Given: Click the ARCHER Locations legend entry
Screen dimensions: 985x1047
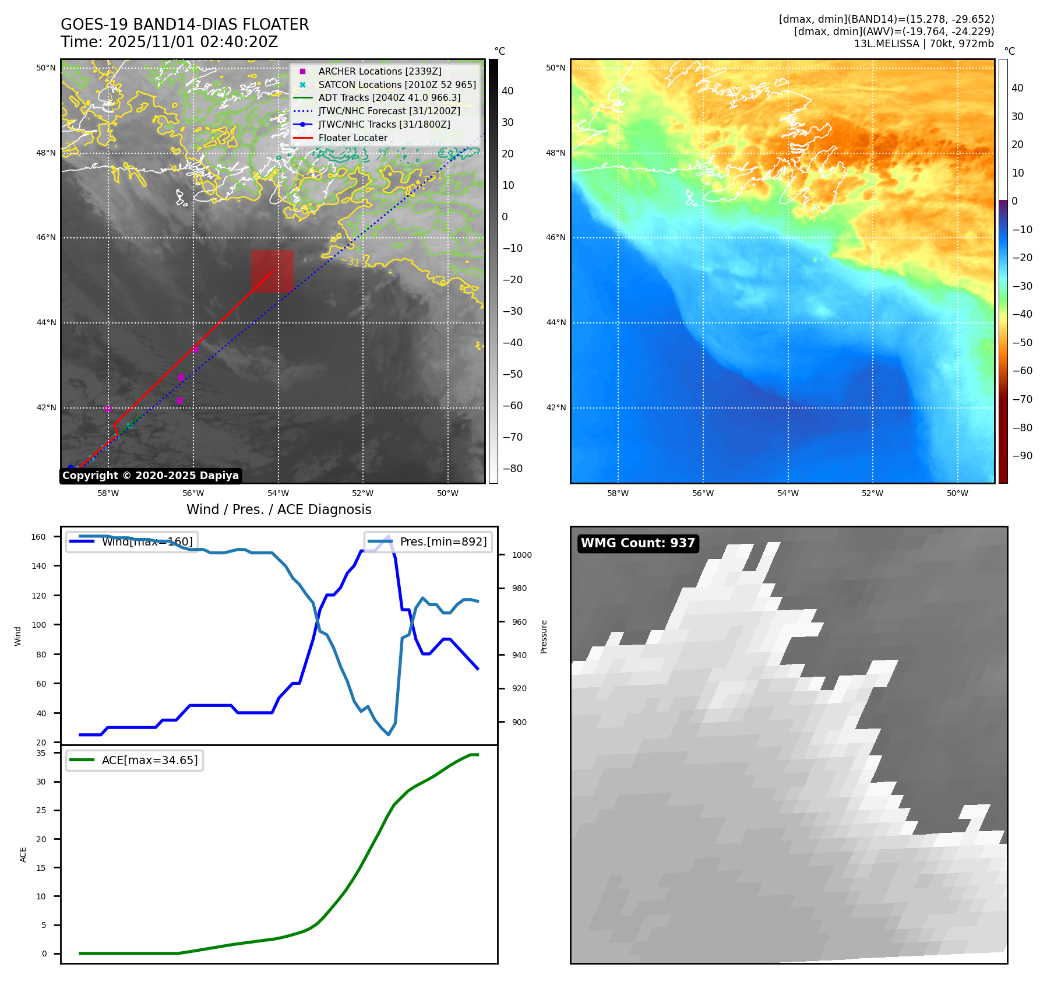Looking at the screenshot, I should [x=379, y=71].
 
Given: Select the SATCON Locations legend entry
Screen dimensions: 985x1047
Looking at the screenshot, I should [x=396, y=85].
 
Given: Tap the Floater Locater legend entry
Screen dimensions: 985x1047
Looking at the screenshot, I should [x=352, y=138].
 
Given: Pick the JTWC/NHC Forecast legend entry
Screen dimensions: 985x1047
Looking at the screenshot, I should [x=389, y=111].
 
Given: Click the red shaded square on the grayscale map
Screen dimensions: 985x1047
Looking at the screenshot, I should [x=272, y=271].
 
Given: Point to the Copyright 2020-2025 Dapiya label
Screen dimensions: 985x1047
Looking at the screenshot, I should [x=150, y=476].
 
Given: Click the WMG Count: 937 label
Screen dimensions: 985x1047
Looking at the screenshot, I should [x=637, y=543].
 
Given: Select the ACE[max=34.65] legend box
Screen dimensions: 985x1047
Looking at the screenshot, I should [x=135, y=760].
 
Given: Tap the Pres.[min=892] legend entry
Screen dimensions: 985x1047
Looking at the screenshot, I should [x=428, y=541].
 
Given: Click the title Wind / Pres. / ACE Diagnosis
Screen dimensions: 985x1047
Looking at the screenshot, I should [x=279, y=509].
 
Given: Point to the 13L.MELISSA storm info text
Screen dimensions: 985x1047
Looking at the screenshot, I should [x=923, y=44].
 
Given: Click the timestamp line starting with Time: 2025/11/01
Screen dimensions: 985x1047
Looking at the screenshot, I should [x=169, y=42].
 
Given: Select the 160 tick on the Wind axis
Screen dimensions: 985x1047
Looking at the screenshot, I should [x=38, y=537].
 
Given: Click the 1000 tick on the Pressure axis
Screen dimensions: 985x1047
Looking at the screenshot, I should [x=521, y=555].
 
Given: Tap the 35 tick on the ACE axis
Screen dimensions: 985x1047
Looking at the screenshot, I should [x=41, y=753].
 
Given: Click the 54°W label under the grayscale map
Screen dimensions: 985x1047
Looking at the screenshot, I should [x=278, y=493].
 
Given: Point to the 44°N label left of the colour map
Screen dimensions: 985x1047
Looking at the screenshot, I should [x=556, y=322].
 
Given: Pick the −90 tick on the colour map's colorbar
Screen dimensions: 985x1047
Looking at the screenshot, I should [x=1022, y=456].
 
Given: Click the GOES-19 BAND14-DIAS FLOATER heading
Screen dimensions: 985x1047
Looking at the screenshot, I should [x=185, y=24].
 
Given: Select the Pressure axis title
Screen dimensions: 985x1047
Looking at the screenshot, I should [x=544, y=636].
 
